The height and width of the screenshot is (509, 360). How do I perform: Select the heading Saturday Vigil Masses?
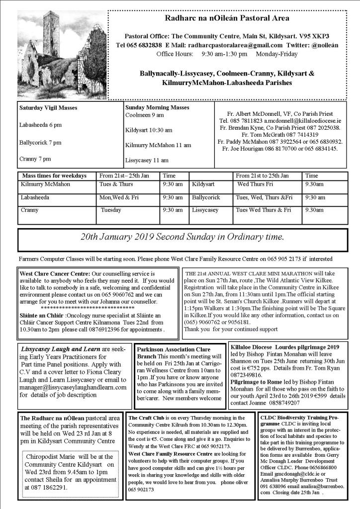tap(48, 107)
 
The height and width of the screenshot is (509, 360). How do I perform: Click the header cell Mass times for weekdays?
tap(54, 176)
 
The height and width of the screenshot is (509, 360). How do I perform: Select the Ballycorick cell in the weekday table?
tap(206, 197)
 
